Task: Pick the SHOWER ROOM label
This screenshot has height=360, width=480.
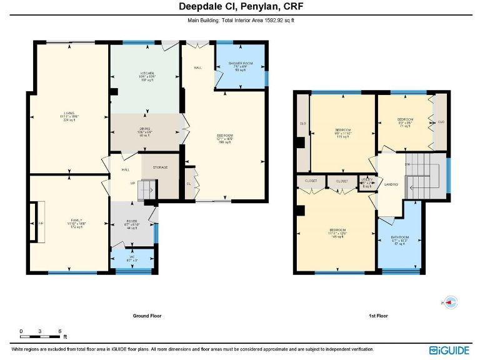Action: [240, 64]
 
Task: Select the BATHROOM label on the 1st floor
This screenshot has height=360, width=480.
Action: [399, 237]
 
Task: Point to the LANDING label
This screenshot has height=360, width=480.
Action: [391, 184]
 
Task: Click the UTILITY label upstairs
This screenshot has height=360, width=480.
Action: [367, 179]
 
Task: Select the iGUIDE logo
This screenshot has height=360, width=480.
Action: [450, 350]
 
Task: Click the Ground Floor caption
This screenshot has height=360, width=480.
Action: [147, 316]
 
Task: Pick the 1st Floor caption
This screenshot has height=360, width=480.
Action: [378, 316]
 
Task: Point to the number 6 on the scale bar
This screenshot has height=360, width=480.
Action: [59, 330]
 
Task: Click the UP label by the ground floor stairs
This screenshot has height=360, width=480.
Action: [132, 184]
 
